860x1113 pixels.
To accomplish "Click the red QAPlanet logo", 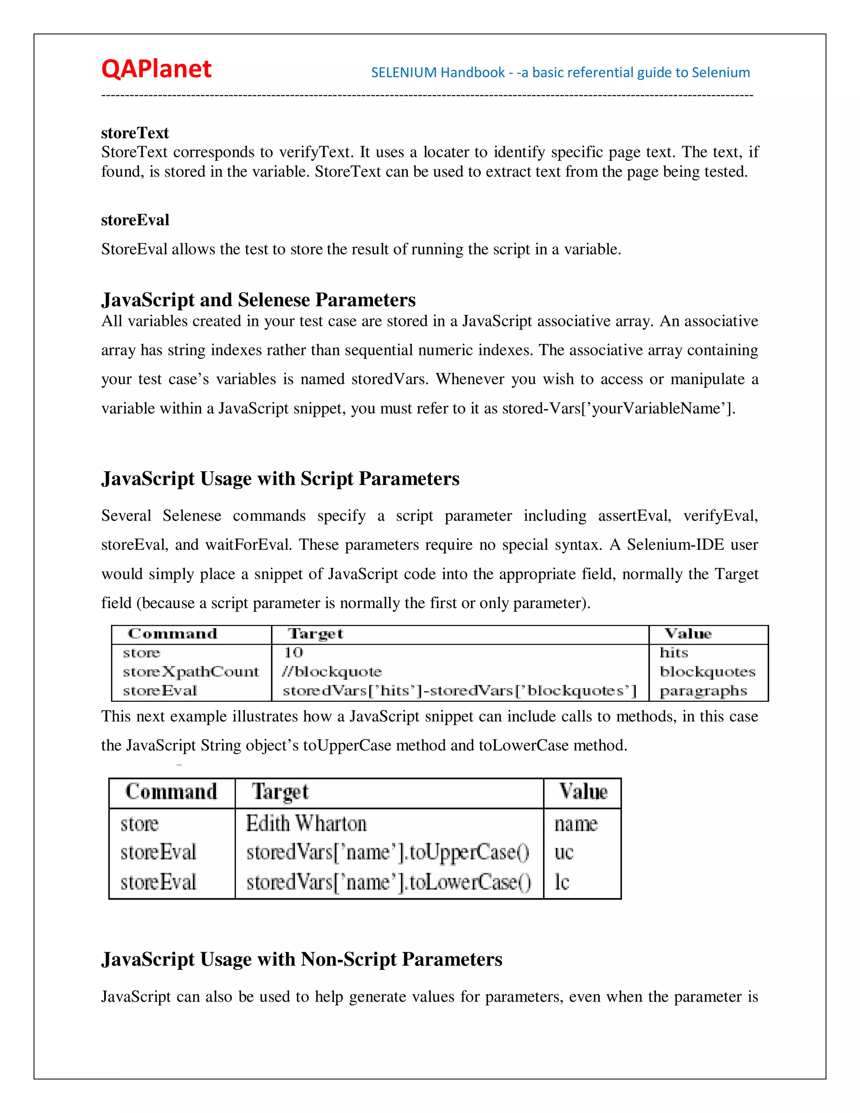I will point(156,69).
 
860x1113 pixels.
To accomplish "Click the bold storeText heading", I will point(134,133).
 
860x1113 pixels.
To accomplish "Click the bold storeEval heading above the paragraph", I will point(135,220).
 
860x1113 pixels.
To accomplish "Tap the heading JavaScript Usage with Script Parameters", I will point(280,478).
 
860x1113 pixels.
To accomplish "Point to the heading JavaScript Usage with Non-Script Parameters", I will point(302,959).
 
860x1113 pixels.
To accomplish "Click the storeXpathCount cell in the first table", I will point(191,672).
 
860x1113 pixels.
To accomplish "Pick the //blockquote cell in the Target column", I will point(332,672).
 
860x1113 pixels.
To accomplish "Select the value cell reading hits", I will point(674,653).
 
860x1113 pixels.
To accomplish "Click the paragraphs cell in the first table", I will point(703,691).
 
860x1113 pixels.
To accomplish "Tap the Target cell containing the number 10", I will point(294,653).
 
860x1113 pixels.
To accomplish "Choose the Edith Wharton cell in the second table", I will point(306,824).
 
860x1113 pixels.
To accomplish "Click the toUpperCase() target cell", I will point(388,853).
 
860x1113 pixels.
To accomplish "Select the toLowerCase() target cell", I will point(389,882).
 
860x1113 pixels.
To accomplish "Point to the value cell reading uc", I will point(564,853).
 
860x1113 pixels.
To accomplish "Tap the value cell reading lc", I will point(562,882).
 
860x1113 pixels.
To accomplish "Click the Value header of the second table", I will point(583,792).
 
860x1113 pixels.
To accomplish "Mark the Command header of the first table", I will point(172,634).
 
